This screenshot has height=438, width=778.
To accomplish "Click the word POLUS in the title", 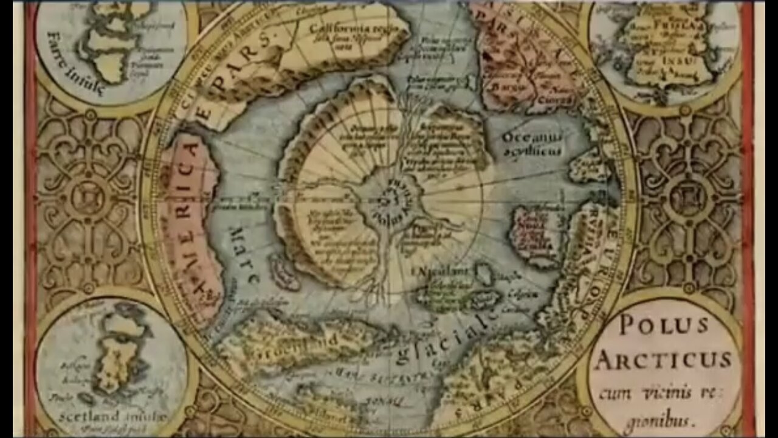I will (663, 325).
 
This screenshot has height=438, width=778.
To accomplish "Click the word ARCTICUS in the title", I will (664, 360).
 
